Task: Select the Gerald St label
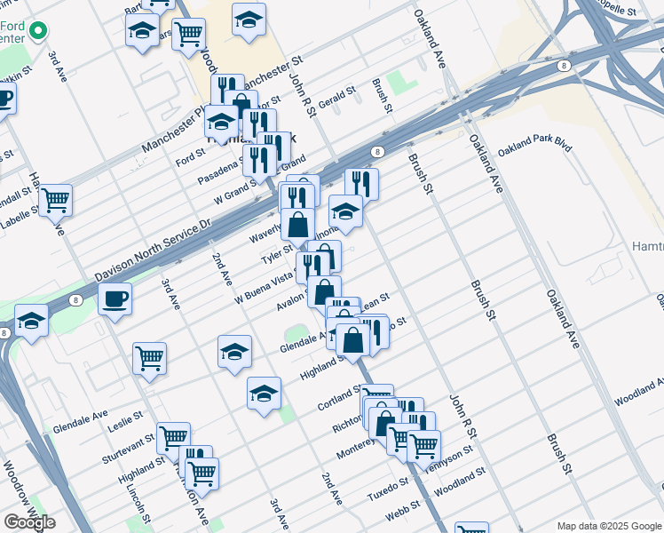[336, 98]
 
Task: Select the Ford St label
[190, 158]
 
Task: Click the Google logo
[29, 522]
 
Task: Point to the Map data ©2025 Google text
[607, 525]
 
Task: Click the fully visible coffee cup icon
[115, 298]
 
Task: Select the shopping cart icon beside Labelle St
[55, 200]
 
